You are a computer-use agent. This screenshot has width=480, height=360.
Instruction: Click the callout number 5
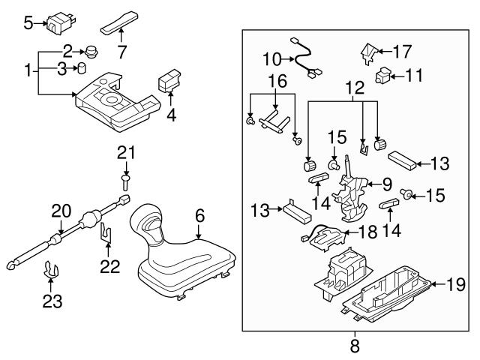click(x=28, y=23)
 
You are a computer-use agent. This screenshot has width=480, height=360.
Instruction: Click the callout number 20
click(x=60, y=211)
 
